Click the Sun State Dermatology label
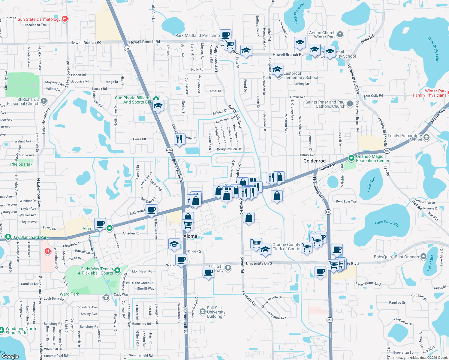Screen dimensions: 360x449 (39, 19)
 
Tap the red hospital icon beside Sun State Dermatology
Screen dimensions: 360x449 (65, 19)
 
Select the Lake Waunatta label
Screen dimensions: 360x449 (387, 223)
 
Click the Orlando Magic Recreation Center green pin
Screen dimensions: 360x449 (351, 158)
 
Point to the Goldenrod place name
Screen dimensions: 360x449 (314, 161)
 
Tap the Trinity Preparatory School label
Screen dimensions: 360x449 (404, 138)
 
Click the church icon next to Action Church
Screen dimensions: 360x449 (340, 34)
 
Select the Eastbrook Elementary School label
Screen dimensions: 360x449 (300, 75)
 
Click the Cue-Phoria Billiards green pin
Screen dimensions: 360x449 (156, 99)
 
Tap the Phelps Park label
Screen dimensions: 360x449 (21, 164)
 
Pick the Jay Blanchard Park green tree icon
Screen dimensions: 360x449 (8, 237)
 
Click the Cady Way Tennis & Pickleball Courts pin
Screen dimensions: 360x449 (117, 271)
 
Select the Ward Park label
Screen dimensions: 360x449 (69, 294)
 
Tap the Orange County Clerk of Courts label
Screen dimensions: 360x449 (286, 247)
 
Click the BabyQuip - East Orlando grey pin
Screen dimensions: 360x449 (423, 256)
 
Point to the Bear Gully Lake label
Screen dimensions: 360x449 (434, 49)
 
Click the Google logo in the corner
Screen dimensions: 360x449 (10, 356)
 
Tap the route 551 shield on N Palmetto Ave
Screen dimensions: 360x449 (328, 211)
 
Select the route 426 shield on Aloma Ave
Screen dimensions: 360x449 (387, 151)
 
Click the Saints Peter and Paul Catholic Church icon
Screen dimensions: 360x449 (350, 104)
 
